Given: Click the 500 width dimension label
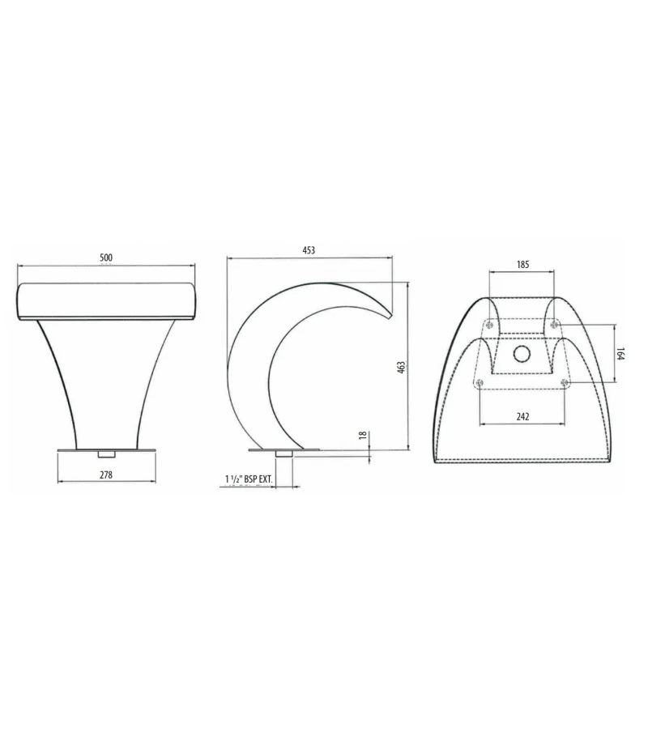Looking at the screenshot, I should (x=106, y=258).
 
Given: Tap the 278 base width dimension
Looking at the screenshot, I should (x=105, y=475).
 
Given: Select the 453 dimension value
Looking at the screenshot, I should (x=309, y=251).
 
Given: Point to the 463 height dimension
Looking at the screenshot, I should (x=401, y=367).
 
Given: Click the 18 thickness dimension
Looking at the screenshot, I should (x=363, y=436).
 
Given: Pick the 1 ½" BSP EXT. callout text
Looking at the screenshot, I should (x=249, y=480).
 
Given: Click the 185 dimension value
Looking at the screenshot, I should (x=522, y=265).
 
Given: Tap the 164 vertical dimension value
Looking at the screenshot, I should (x=622, y=353).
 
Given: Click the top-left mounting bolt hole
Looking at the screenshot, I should (x=489, y=324).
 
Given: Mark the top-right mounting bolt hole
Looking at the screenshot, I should (x=554, y=324).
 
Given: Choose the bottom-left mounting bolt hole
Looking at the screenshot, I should (x=480, y=381).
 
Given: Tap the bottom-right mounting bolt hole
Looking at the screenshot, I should (x=565, y=381).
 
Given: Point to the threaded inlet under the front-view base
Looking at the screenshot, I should (x=105, y=454).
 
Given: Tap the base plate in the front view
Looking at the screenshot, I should (x=105, y=449).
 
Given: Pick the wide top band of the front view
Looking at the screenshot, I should (x=106, y=300).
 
